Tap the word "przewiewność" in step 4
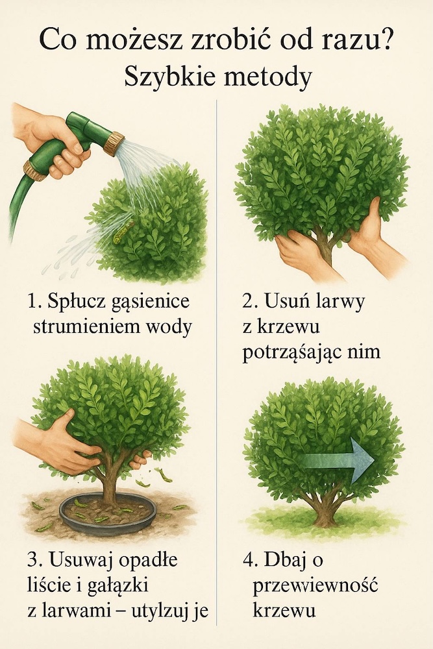[315, 587]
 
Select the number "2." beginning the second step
[250, 301]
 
